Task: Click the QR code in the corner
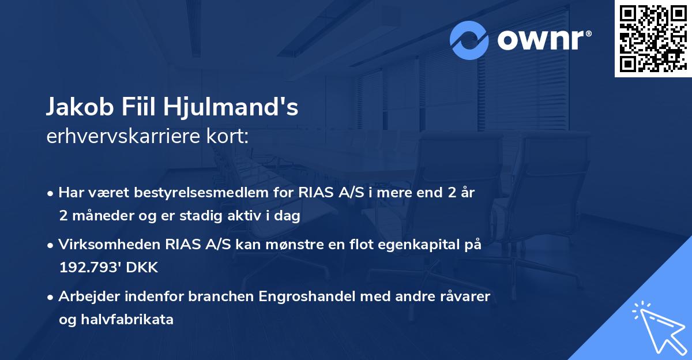(653, 38)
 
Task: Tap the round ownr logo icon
(469, 40)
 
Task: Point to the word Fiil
(142, 108)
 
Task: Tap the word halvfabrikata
(132, 319)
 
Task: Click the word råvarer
(465, 297)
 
